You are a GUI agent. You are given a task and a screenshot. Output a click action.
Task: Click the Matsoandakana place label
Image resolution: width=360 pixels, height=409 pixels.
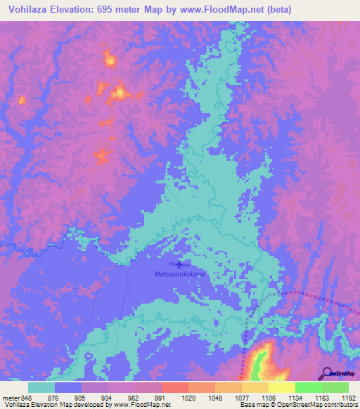click(x=180, y=274)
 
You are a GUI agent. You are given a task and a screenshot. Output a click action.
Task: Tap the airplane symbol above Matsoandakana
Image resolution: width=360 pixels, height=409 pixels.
click(x=180, y=264)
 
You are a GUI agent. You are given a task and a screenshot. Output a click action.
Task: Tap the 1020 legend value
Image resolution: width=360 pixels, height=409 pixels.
click(x=188, y=397)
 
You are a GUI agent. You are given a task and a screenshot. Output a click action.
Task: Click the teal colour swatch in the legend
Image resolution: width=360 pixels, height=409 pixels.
click(x=41, y=387)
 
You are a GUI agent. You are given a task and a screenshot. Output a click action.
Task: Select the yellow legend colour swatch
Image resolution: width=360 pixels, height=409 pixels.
click(x=281, y=387)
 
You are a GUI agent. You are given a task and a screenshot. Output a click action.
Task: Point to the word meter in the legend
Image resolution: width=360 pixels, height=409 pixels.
click(x=11, y=397)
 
